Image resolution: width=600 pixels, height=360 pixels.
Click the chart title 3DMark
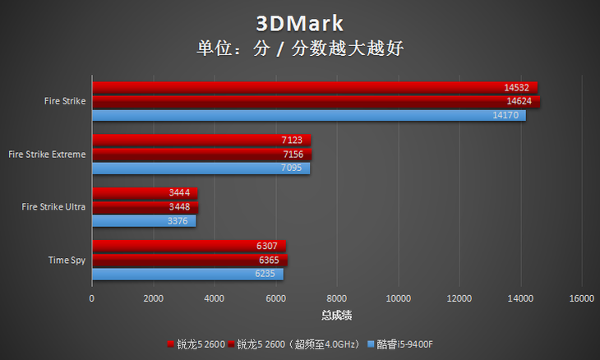point(299,22)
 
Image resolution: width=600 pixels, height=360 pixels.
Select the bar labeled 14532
point(314,87)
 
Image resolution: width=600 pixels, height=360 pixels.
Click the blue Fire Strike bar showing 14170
point(308,115)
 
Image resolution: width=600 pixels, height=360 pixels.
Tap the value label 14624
point(518,101)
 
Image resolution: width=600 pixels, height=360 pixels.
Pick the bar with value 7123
point(201,141)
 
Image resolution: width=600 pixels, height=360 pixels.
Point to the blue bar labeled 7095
point(201,168)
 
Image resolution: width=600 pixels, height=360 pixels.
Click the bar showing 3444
point(145,193)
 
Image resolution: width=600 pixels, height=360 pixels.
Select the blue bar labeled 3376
point(143,220)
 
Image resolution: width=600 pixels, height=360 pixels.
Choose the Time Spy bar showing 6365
point(189,260)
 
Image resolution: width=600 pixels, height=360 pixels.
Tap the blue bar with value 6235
point(187,274)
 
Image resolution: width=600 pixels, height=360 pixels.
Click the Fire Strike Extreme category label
point(46,154)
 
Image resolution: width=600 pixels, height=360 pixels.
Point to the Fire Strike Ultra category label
point(53,207)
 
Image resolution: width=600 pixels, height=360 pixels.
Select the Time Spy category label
point(67,260)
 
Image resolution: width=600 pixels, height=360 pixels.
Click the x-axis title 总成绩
point(337,315)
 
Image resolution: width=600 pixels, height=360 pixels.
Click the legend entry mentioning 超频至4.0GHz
point(293,344)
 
